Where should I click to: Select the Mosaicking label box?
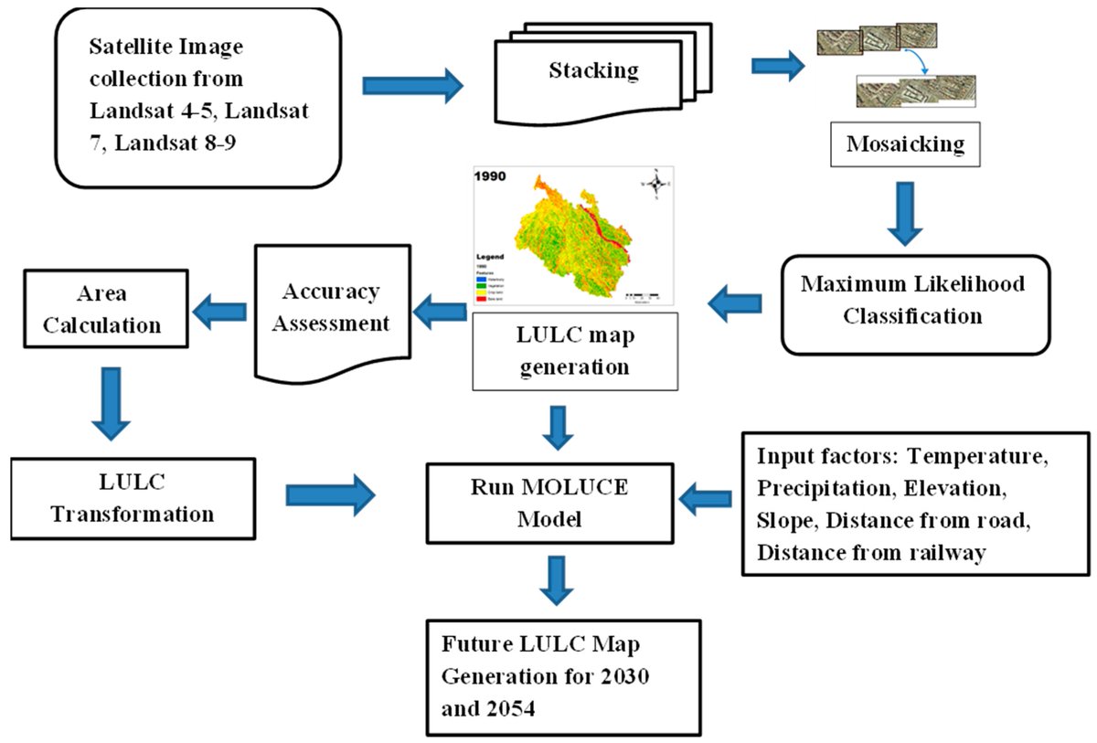click(x=905, y=144)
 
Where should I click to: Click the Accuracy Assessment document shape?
click(x=330, y=309)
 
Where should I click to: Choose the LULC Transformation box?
click(x=132, y=497)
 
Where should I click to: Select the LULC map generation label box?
click(x=574, y=351)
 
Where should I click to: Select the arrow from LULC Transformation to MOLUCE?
click(x=330, y=494)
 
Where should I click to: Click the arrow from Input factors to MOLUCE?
click(x=708, y=498)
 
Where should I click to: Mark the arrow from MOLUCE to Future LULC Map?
click(x=556, y=578)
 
